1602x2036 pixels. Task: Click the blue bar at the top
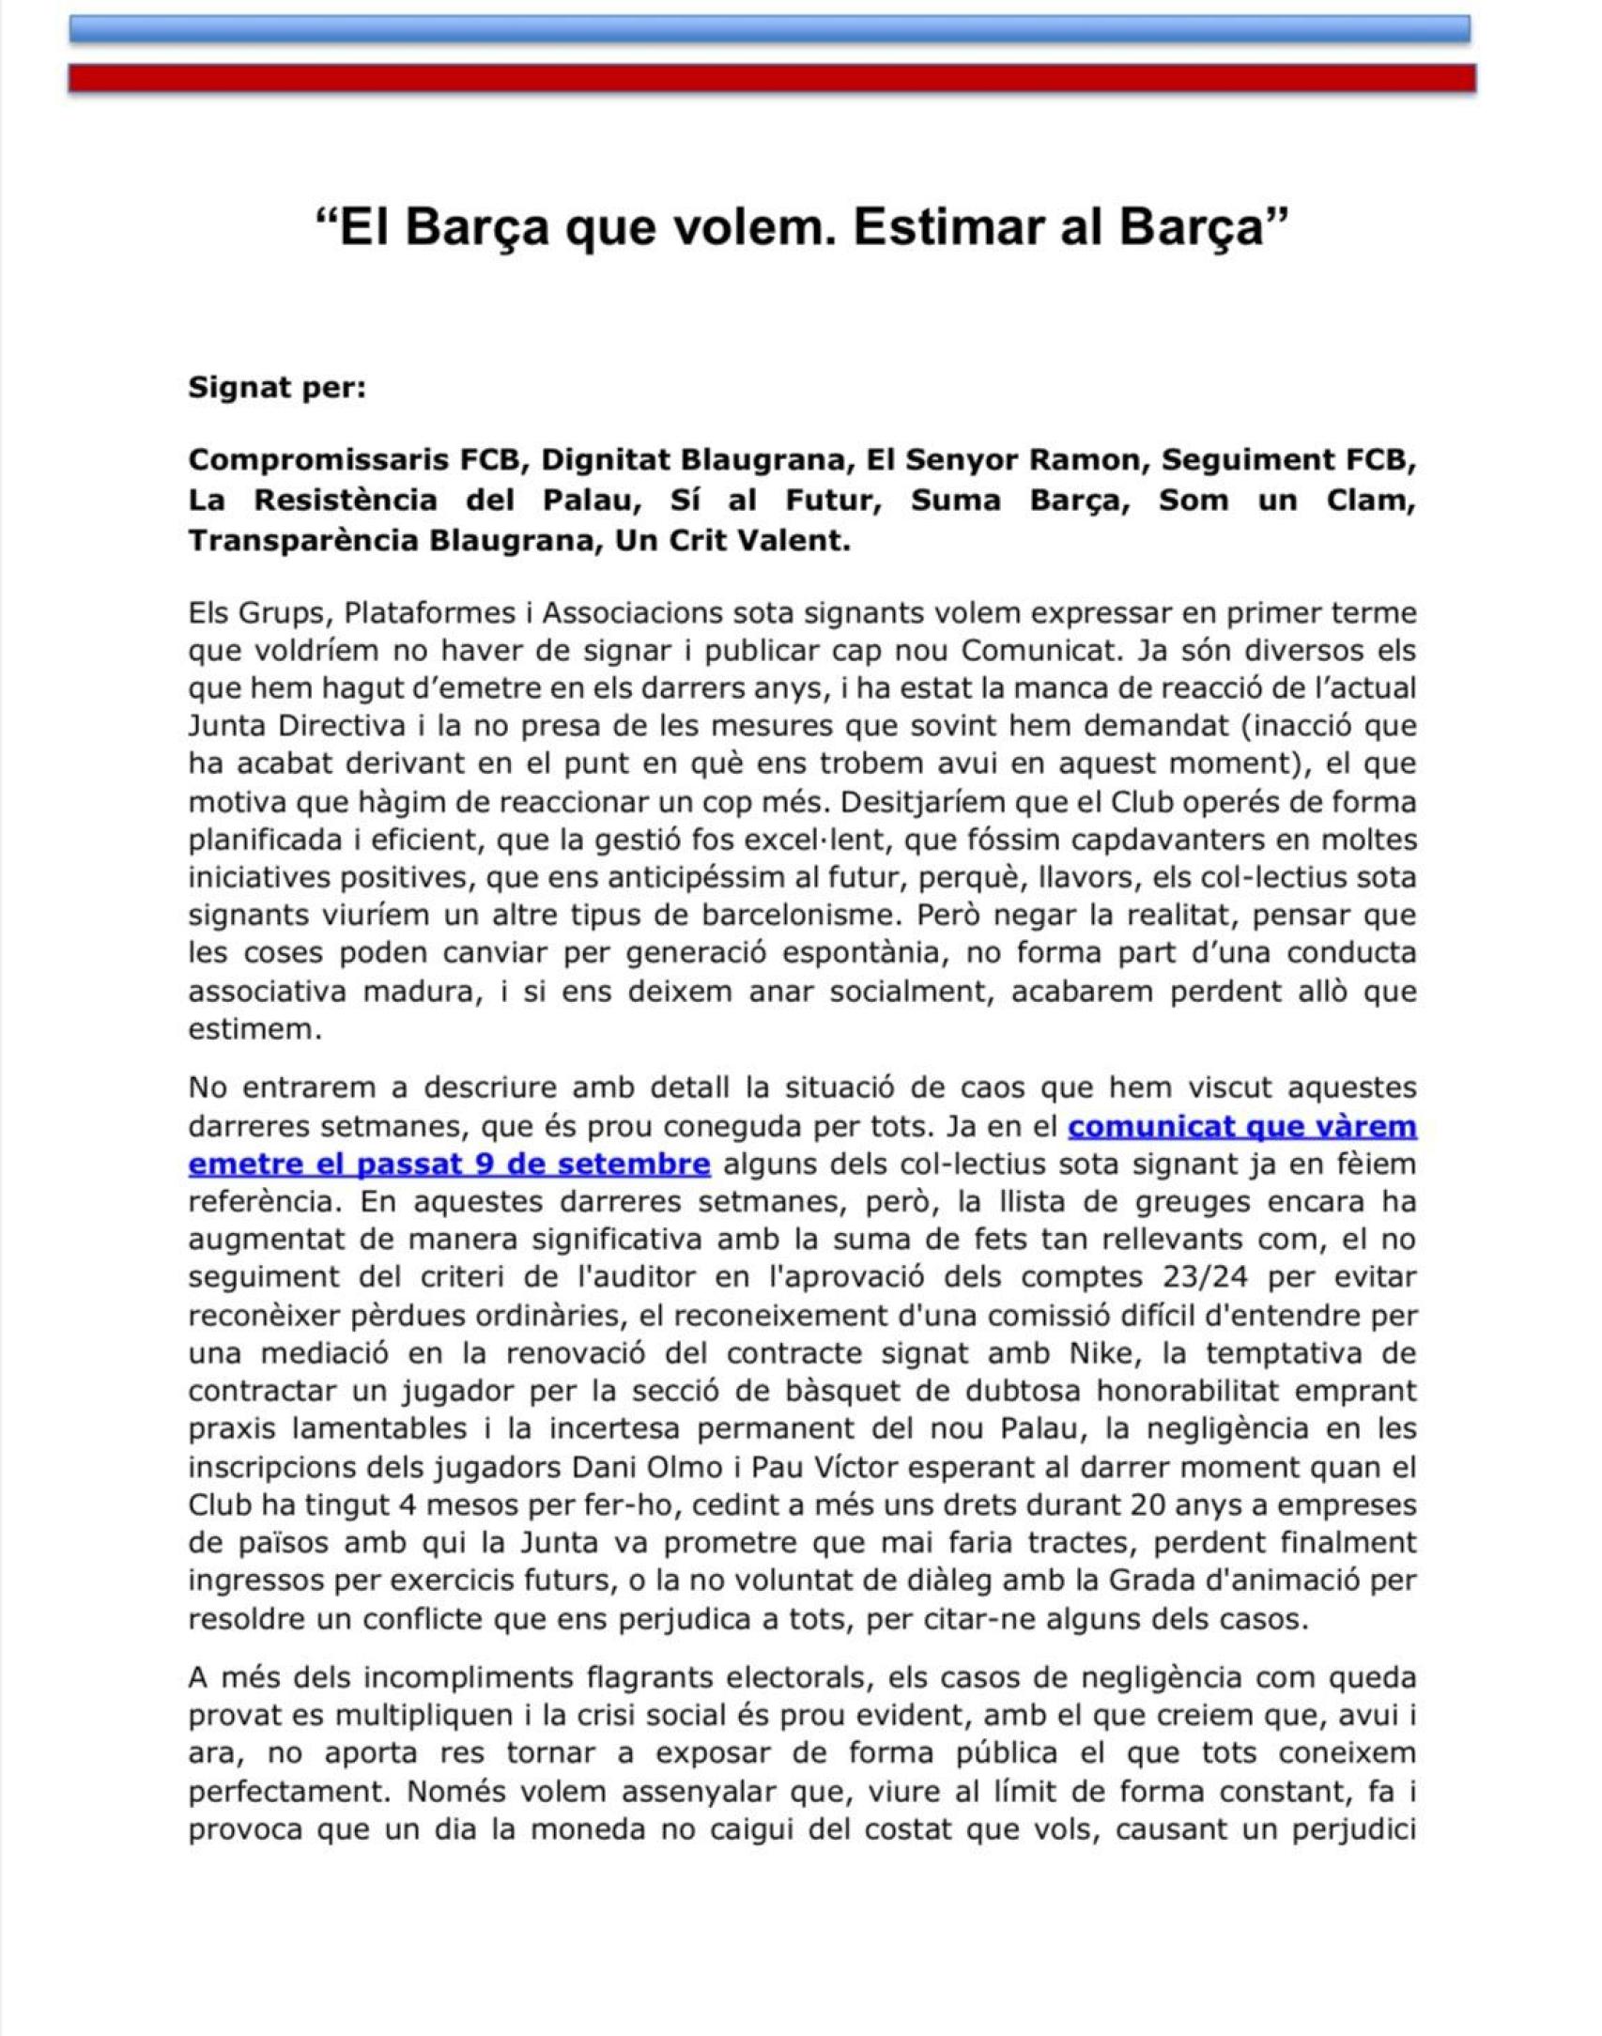770,29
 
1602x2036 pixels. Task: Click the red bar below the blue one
772,77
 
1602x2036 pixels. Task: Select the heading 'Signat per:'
277,387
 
